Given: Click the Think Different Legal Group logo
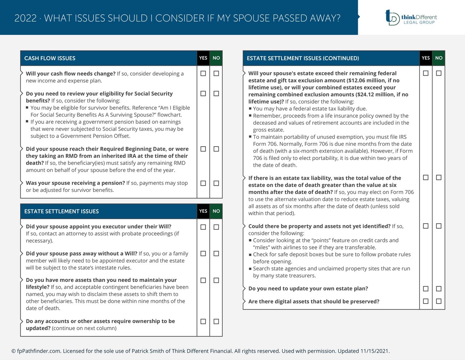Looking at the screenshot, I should click(411, 17).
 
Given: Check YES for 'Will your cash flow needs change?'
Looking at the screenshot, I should click(203, 73).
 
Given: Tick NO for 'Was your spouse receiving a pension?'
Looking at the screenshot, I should click(216, 183).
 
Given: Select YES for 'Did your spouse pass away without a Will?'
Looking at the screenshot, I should click(203, 253).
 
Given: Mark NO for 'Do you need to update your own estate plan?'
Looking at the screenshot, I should click(438, 289).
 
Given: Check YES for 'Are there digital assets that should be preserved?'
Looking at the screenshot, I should click(426, 301).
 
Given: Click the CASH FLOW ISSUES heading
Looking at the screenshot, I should click(50, 58).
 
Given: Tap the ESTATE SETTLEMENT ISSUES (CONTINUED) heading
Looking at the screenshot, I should click(303, 58).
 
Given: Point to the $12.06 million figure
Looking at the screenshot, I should click(366, 80).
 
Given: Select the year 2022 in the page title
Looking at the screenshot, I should click(25, 18).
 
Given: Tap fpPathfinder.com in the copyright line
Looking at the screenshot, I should click(39, 351).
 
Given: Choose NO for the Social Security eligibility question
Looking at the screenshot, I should click(216, 93).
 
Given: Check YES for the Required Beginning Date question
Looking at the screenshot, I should click(203, 149).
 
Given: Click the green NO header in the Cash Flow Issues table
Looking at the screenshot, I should click(216, 58).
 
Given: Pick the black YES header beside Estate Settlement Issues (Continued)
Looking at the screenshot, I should click(426, 58).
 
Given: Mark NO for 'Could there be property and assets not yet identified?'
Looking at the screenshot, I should click(438, 226).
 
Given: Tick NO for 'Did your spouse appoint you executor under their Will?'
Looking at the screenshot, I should click(216, 227).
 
